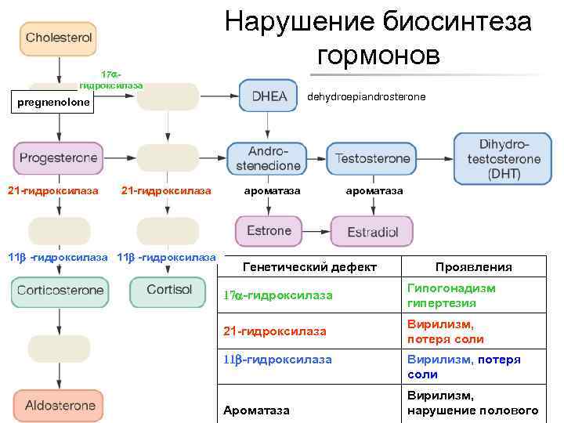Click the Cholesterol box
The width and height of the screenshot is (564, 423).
tap(59, 38)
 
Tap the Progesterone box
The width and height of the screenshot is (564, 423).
tap(59, 158)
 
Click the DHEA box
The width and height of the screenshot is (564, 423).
tap(269, 96)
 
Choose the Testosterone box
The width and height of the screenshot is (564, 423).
tap(373, 158)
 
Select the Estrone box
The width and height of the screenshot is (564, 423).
tap(269, 231)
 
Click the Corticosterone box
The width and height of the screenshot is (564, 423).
tap(60, 291)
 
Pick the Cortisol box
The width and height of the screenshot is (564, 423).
tap(168, 291)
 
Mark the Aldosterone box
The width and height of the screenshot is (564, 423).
tap(60, 406)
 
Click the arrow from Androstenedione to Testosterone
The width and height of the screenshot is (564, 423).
tap(314, 158)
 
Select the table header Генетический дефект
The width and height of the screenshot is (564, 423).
tap(309, 267)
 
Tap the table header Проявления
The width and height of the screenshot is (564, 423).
tap(473, 267)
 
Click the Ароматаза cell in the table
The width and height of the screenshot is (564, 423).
tap(256, 410)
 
